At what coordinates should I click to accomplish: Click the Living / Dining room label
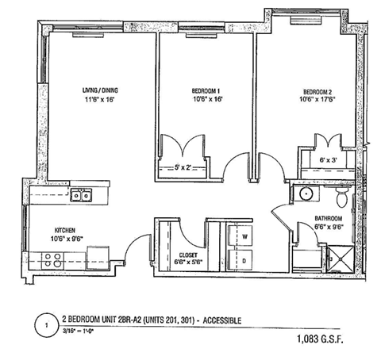(x=100, y=90)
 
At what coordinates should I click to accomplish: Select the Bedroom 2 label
(x=306, y=90)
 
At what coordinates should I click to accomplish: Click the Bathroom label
(x=306, y=218)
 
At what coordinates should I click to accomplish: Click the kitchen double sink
(x=79, y=195)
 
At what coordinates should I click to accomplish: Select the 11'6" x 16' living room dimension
(x=100, y=101)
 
